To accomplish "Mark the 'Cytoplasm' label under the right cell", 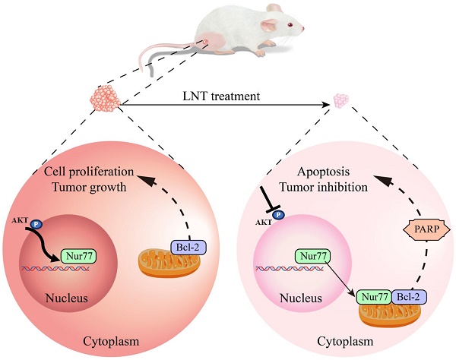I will [x=349, y=344].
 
